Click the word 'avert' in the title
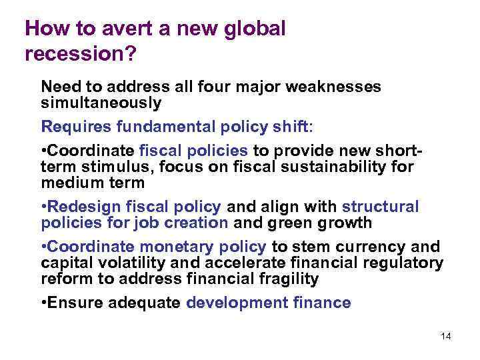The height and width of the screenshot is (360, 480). click(x=119, y=29)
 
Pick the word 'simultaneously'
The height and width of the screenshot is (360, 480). click(x=101, y=103)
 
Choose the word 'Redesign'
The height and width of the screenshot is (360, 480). click(x=81, y=207)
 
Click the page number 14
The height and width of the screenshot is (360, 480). click(x=446, y=336)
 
